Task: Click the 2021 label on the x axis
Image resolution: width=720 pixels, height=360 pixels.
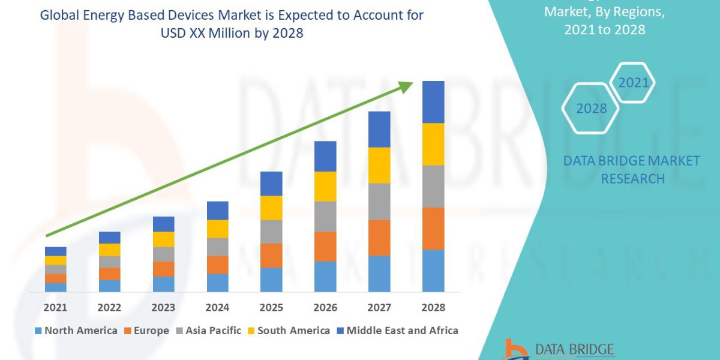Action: point(55,307)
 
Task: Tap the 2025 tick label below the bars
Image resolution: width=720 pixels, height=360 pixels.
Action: point(271,307)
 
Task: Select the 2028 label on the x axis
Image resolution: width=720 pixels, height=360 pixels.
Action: point(433,307)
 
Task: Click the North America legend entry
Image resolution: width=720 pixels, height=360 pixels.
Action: point(76,331)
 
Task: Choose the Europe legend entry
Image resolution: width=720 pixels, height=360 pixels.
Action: point(146,331)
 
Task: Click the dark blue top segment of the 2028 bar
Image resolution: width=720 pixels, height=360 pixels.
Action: point(433,102)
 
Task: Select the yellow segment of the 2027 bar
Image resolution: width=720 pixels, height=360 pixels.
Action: point(379,165)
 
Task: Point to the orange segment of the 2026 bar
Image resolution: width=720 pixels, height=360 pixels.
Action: point(325,246)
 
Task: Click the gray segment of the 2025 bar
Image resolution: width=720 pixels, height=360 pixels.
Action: point(271,232)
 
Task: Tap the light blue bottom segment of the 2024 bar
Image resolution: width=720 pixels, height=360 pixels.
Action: point(217,283)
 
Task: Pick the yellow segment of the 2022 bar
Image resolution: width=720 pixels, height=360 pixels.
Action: point(109,250)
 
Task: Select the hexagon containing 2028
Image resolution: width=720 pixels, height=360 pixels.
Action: point(590,109)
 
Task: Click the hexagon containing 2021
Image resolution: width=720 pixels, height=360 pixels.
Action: point(632,82)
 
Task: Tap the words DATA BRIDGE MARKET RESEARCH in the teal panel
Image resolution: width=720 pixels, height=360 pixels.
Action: point(632,170)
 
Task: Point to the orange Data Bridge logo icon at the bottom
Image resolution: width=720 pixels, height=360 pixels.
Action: point(515,350)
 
